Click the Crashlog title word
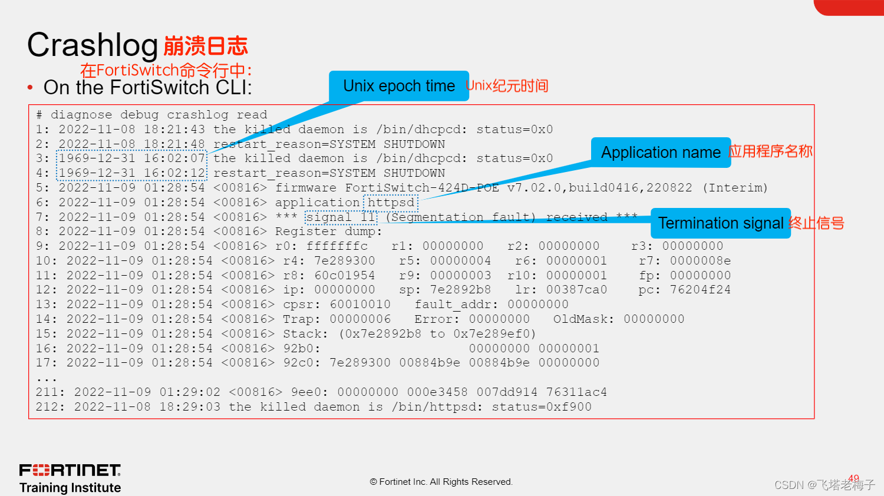[93, 45]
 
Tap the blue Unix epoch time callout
[398, 86]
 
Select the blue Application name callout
[660, 153]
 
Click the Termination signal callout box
[720, 223]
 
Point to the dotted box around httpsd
[391, 203]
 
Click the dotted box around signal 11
[341, 217]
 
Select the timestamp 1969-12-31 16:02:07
[131, 158]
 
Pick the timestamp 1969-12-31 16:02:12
[131, 173]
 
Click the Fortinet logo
[70, 470]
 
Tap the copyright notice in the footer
[441, 482]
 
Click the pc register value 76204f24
[700, 290]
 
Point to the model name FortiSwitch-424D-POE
[421, 188]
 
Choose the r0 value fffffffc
[337, 246]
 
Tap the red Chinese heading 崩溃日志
[206, 46]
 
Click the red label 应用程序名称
[770, 151]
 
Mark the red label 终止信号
[816, 223]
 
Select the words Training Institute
[70, 488]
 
